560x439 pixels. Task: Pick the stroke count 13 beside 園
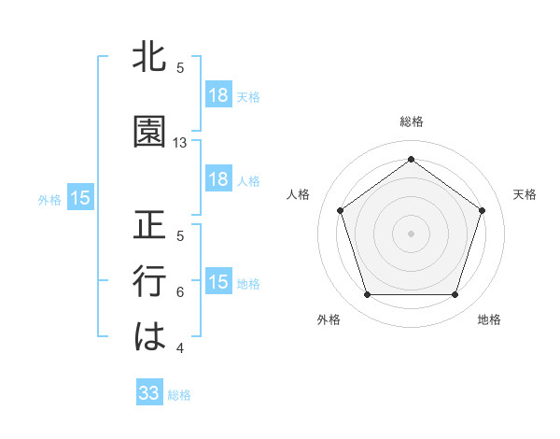pyautogui.click(x=180, y=143)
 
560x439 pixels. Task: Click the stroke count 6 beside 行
pyautogui.click(x=180, y=292)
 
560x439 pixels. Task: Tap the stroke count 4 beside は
pyautogui.click(x=180, y=348)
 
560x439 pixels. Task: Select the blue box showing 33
pyautogui.click(x=149, y=393)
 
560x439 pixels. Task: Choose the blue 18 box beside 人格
pyautogui.click(x=218, y=180)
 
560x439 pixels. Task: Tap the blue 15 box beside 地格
pyautogui.click(x=218, y=283)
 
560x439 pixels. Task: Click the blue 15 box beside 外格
pyautogui.click(x=80, y=198)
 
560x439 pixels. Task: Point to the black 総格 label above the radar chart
pyautogui.click(x=412, y=121)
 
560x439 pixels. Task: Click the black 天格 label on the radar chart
pyautogui.click(x=525, y=194)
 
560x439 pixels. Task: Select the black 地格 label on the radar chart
pyautogui.click(x=489, y=319)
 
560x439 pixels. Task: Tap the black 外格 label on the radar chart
pyautogui.click(x=329, y=319)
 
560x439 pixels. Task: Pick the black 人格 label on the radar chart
pyautogui.click(x=299, y=194)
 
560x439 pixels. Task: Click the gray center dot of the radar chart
pyautogui.click(x=412, y=233)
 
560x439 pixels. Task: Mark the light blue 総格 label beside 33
pyautogui.click(x=179, y=395)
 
